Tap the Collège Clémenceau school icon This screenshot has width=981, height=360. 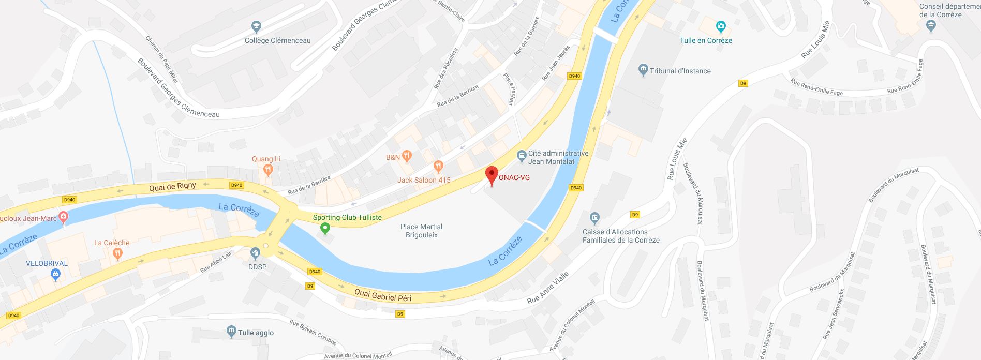tap(256, 26)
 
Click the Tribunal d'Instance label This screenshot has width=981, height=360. tap(680, 71)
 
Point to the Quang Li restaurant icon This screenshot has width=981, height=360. tap(268, 169)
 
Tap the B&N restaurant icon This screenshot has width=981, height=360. tap(407, 155)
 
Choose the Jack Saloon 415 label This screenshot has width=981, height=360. tap(424, 180)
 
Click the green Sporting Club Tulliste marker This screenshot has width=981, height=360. tap(325, 228)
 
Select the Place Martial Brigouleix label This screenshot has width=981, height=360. tap(421, 231)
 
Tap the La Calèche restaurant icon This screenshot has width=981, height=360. tap(117, 253)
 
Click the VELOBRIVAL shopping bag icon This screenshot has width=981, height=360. tap(56, 275)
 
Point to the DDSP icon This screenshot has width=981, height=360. tap(255, 253)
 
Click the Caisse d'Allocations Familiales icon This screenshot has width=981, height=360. tap(594, 217)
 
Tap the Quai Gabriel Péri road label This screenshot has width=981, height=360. tap(383, 295)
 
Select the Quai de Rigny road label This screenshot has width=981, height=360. tap(172, 187)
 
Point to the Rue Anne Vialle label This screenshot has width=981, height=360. tap(548, 288)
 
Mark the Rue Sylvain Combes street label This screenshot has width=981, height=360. tap(313, 332)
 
